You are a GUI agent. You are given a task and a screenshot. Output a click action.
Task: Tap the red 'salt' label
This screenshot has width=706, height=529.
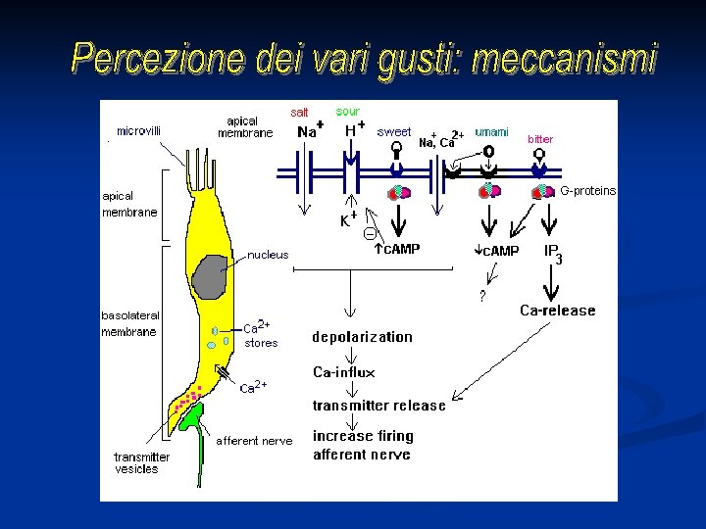pyautogui.click(x=300, y=113)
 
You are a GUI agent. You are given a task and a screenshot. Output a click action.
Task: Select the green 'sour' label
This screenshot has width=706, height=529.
pyautogui.click(x=348, y=112)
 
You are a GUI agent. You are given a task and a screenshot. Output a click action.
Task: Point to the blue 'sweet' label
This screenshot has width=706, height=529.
pyautogui.click(x=394, y=131)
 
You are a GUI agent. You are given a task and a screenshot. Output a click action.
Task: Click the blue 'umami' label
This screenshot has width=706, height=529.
pyautogui.click(x=491, y=131)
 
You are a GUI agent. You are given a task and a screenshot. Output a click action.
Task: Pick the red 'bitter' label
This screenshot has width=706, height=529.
pyautogui.click(x=540, y=139)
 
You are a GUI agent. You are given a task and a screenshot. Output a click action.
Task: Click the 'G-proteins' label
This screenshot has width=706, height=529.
pyautogui.click(x=587, y=191)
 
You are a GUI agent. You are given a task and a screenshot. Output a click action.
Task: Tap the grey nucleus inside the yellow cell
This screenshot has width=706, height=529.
pyautogui.click(x=210, y=275)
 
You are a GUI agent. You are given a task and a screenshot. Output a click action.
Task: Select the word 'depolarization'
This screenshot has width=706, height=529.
pyautogui.click(x=362, y=337)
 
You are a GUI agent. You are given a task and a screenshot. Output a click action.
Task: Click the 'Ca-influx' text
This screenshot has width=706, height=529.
pyautogui.click(x=343, y=372)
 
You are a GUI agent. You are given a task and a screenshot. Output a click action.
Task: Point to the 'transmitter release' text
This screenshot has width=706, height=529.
pyautogui.click(x=378, y=406)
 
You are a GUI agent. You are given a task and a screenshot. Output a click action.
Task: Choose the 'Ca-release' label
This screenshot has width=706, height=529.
pyautogui.click(x=557, y=311)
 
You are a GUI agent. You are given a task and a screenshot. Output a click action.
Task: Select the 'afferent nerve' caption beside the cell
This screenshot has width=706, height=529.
pyautogui.click(x=254, y=441)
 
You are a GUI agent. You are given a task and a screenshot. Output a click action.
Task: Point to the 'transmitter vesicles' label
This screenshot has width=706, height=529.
pyautogui.click(x=141, y=463)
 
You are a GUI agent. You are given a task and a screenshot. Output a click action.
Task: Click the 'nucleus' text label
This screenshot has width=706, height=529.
pyautogui.click(x=268, y=255)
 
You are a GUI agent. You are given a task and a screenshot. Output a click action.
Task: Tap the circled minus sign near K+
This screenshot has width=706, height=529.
pyautogui.click(x=369, y=233)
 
